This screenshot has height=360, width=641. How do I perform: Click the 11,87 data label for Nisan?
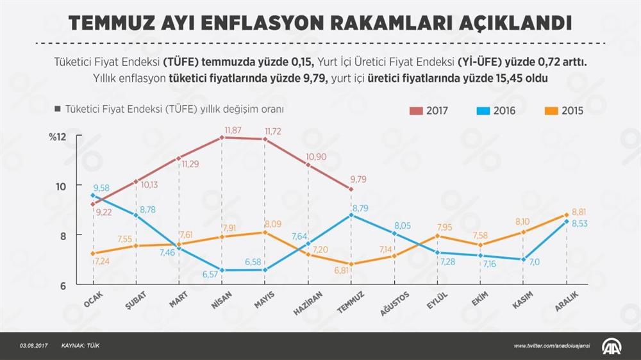232,131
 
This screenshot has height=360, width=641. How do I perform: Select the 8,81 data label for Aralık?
579,211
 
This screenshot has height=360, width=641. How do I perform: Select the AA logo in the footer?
612,346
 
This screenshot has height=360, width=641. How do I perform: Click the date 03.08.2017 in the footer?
33,346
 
